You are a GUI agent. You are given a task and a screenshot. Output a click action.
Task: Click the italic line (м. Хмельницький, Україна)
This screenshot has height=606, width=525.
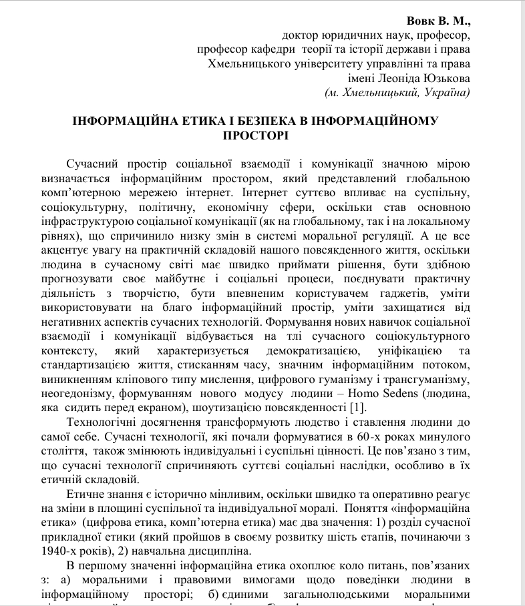click(x=397, y=93)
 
